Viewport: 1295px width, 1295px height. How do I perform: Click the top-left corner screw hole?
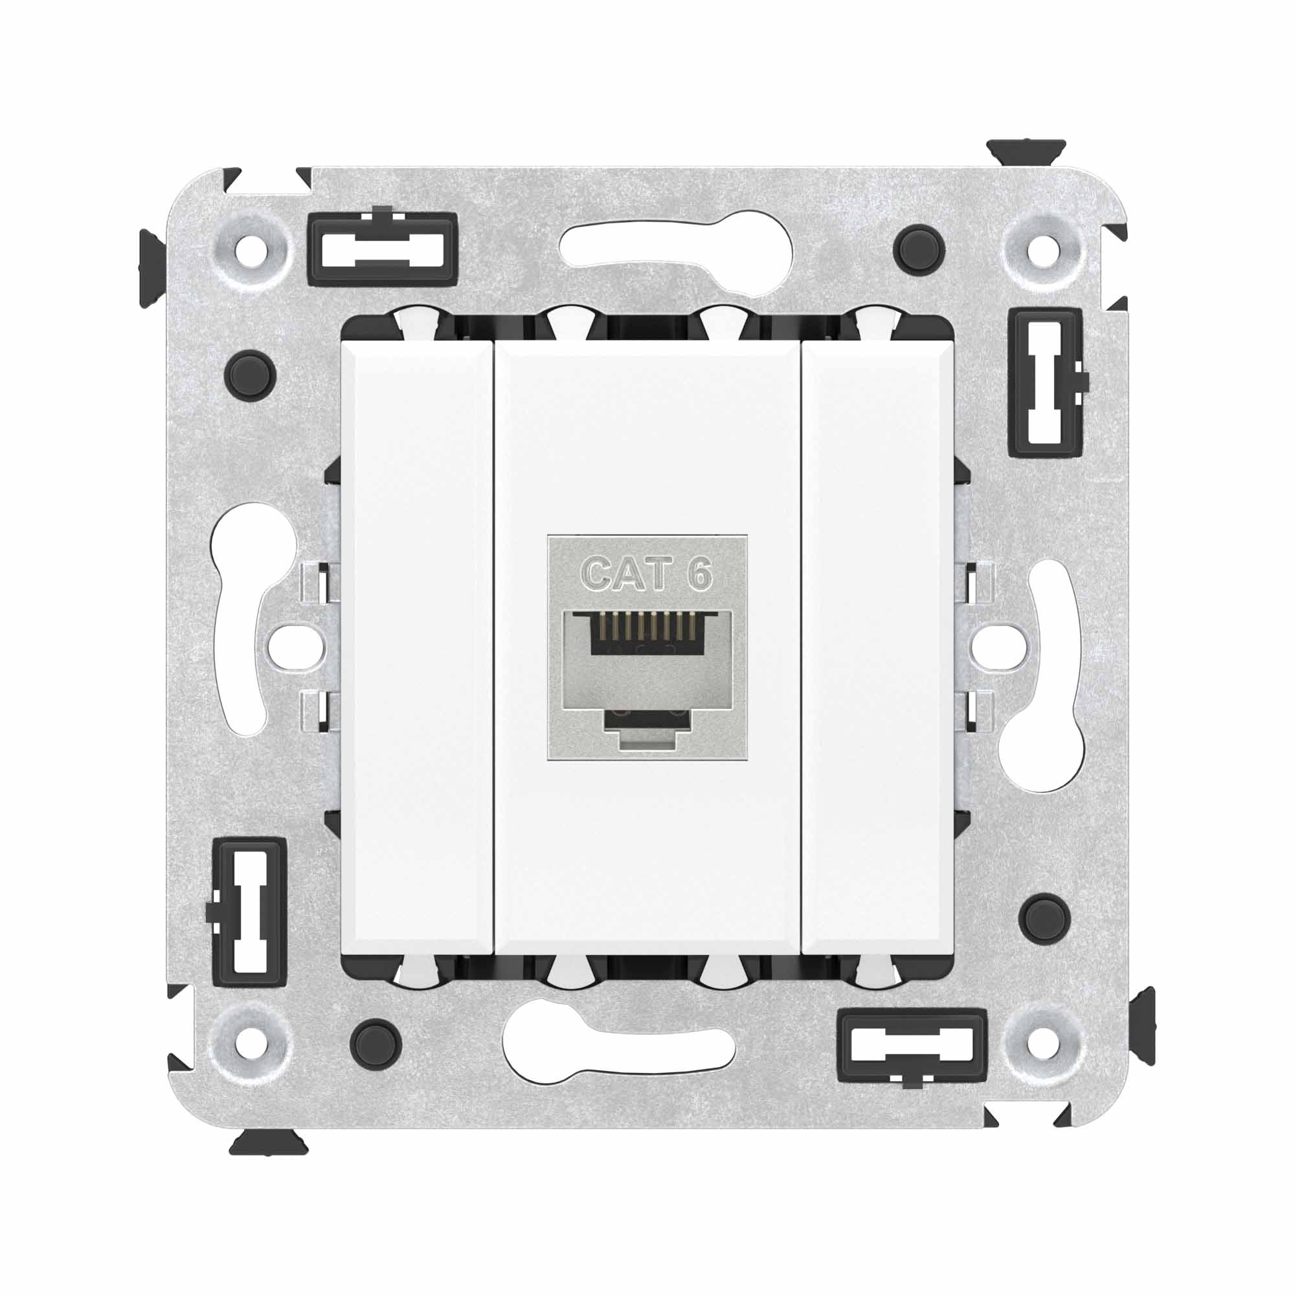pyautogui.click(x=254, y=253)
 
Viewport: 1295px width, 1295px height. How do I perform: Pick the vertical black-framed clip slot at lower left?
pyautogui.click(x=249, y=912)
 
